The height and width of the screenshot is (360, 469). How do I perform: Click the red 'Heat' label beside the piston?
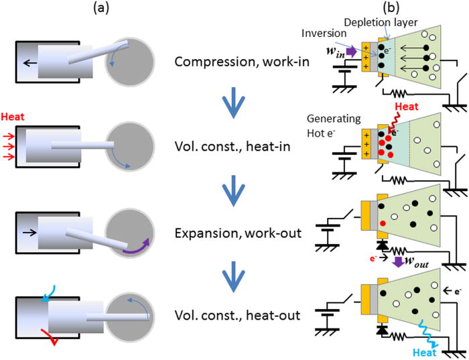point(13,117)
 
